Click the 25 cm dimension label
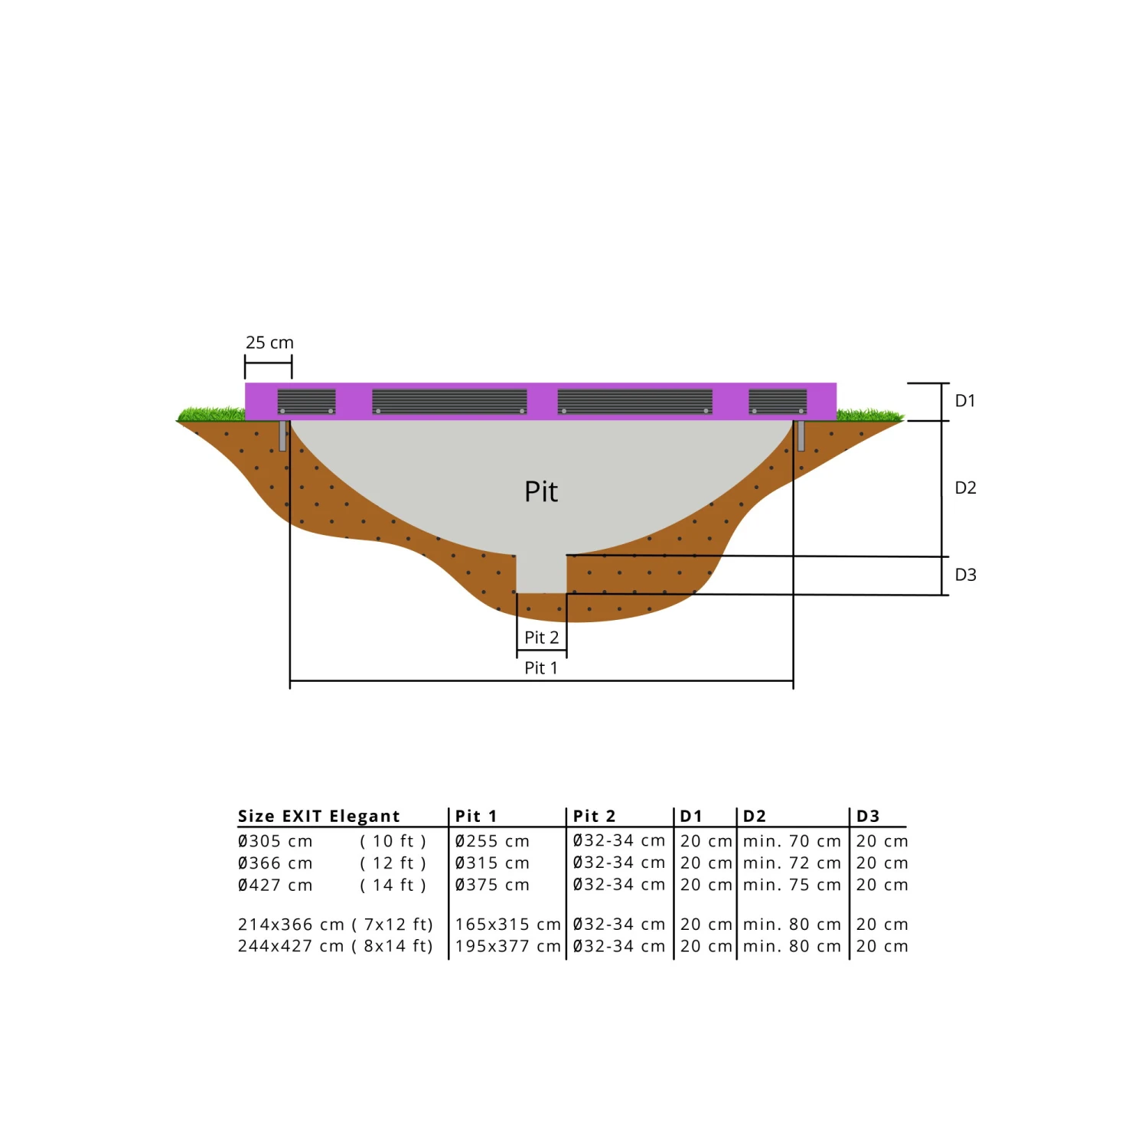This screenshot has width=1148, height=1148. coord(269,343)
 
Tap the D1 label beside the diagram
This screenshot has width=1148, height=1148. coord(965,401)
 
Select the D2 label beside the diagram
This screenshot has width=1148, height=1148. coord(965,488)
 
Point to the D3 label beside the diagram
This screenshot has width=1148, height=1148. coord(965,575)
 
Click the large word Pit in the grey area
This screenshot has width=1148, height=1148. coord(541,492)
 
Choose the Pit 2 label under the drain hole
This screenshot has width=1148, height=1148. coord(541,638)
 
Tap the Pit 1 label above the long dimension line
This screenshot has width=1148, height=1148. coord(541,668)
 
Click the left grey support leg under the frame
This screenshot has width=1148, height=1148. coord(282,435)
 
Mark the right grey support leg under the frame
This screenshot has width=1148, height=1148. coord(801,435)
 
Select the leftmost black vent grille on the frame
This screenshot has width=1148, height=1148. coord(306,401)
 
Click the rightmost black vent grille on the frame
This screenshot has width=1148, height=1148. coord(778,401)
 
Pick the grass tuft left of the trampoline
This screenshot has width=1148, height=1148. coord(211,414)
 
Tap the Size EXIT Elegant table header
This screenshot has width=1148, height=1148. coord(318,816)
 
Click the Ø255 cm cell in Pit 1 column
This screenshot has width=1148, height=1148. coord(492,841)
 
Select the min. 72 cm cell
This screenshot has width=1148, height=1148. coord(792,863)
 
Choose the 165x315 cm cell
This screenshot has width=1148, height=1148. coord(507,925)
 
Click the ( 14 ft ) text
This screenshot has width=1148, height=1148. coord(393,885)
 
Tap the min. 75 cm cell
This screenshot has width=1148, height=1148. coord(792,885)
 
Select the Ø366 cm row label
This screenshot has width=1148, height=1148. coord(275,863)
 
